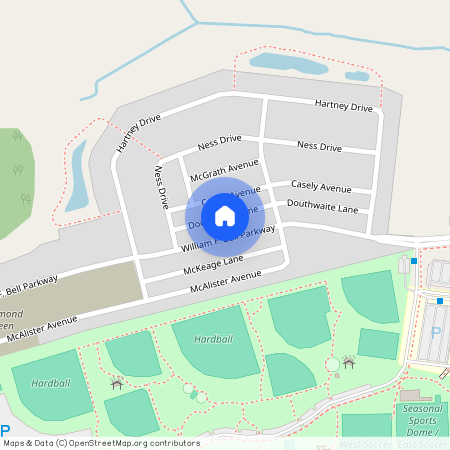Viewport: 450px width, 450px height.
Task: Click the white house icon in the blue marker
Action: coord(225,215)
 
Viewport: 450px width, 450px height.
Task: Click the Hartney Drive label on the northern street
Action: coord(343,105)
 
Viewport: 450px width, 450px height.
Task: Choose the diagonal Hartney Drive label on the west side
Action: coord(138,133)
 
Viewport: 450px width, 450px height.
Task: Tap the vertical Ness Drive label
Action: coord(161,187)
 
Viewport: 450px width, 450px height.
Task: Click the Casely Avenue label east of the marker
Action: coord(321,187)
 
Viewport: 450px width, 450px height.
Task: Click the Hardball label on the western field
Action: coord(49,383)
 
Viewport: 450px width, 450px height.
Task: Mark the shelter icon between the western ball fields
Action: coord(117,382)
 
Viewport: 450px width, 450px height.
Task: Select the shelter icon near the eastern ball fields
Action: coord(348,361)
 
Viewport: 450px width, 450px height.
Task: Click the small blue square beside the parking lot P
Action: coord(439,301)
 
